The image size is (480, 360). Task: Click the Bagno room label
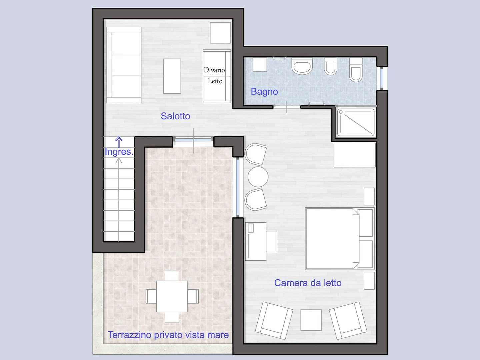point(264,92)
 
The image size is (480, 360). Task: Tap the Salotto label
point(175,116)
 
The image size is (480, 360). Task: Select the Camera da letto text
point(308,283)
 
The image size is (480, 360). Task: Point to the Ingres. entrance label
point(119,152)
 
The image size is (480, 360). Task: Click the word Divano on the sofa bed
point(214,70)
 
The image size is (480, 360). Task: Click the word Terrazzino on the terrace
point(130,335)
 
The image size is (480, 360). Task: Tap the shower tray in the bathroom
point(356,122)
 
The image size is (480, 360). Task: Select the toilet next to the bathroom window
point(356,70)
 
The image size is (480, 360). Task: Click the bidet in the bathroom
point(330,66)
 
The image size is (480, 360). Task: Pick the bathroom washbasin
point(302,66)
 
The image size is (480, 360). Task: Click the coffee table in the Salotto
point(172,76)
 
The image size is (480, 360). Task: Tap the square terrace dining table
point(172,296)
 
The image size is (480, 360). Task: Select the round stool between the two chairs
point(258,177)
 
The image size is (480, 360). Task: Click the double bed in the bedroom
point(340,238)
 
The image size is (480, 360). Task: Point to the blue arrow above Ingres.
point(119,142)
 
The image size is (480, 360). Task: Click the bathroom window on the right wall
point(382,78)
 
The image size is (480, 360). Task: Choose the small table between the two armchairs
point(311,320)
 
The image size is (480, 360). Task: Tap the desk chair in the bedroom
point(272,242)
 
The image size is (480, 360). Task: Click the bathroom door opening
point(287,107)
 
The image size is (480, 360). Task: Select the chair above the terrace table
point(172,276)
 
